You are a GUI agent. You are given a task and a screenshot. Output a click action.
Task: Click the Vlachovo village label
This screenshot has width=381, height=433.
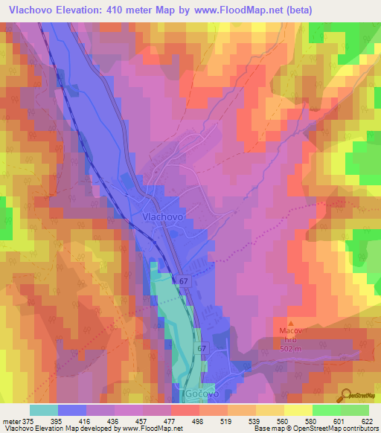(162, 216)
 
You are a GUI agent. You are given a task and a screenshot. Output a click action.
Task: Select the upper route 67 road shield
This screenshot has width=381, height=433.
(183, 281)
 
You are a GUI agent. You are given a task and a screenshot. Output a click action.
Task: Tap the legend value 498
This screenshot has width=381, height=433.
(198, 421)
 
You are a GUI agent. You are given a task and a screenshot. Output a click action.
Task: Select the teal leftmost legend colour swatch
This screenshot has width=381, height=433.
(44, 410)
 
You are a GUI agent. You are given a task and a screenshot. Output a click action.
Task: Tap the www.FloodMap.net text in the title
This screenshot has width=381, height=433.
(234, 10)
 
